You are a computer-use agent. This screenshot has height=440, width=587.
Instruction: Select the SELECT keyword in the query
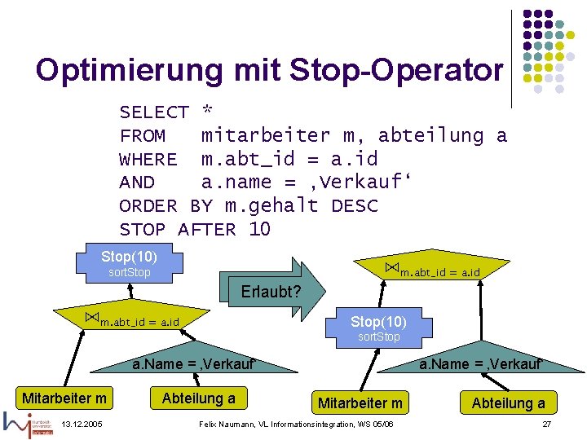tap(154, 112)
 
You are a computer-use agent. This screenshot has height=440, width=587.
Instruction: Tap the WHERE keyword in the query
tap(148, 159)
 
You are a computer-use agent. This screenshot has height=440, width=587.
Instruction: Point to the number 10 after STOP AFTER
tap(259, 230)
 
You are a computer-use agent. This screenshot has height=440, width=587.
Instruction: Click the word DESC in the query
tap(355, 206)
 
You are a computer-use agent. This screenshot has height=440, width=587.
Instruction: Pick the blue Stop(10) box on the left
tap(130, 262)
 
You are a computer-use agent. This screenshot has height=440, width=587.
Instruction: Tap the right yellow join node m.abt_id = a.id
tap(432, 270)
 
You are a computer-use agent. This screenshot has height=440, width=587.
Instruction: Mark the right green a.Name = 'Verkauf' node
tap(481, 364)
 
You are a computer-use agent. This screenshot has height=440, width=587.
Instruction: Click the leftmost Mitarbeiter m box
tap(64, 398)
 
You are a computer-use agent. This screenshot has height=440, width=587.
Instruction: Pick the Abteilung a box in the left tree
tap(198, 398)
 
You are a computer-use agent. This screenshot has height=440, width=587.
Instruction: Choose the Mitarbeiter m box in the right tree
tap(360, 403)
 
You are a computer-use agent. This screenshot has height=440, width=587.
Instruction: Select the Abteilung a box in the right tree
tap(508, 403)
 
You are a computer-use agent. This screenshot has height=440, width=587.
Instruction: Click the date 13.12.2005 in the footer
tap(82, 425)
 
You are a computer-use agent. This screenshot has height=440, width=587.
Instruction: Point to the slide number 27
tap(546, 425)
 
